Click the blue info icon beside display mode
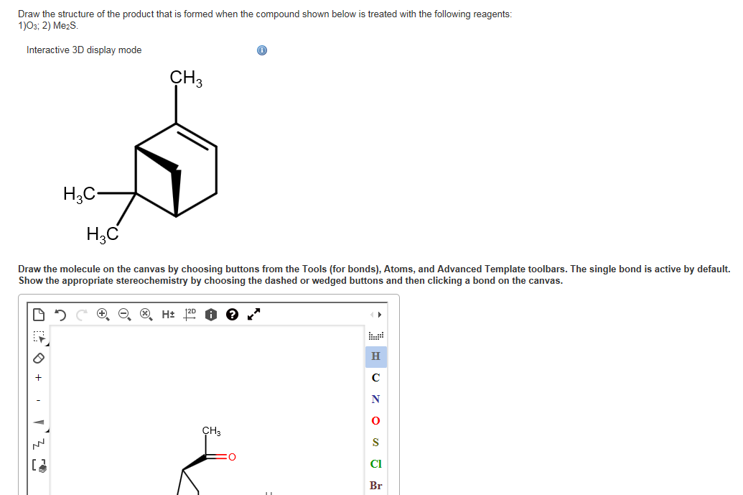[262, 50]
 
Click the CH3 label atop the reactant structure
[186, 78]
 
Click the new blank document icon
[38, 314]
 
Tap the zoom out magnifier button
[123, 314]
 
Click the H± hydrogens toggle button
[168, 314]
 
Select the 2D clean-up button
[190, 314]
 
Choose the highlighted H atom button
[375, 356]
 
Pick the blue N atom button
[375, 399]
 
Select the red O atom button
[375, 421]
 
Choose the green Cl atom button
[375, 464]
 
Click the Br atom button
[375, 486]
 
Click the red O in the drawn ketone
[232, 456]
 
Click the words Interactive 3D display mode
[84, 50]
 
